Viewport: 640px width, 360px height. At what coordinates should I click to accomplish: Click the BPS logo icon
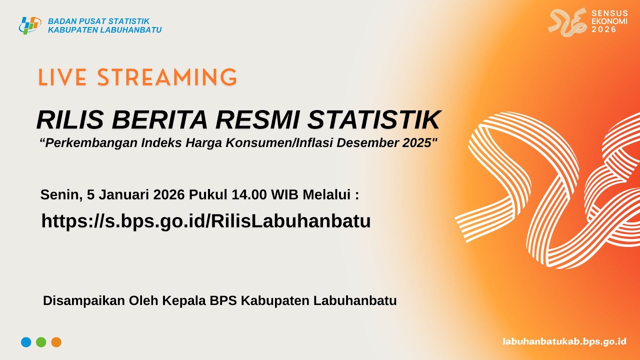(29, 25)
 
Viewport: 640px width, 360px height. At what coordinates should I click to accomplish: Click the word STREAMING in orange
(167, 78)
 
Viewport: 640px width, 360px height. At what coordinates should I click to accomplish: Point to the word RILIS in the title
(69, 120)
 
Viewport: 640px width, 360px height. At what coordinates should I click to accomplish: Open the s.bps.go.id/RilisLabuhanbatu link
(206, 221)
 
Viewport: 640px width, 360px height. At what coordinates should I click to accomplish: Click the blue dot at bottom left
(26, 342)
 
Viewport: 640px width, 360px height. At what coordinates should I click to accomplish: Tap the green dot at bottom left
(41, 342)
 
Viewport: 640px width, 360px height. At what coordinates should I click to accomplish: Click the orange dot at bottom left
(56, 342)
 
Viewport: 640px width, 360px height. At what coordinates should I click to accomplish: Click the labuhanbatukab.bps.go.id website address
(564, 341)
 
